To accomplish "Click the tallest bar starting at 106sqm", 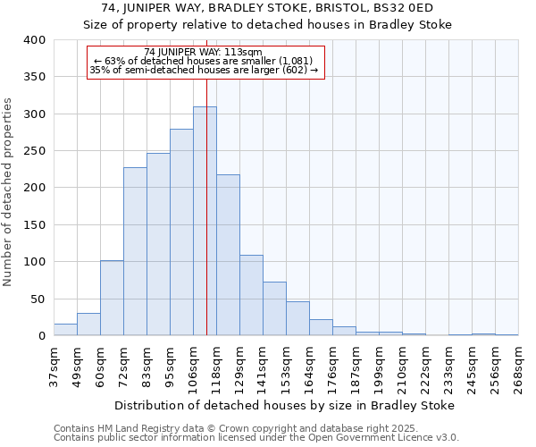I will (205, 221).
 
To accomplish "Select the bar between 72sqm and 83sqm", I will (135, 251).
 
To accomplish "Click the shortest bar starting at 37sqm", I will (65, 330).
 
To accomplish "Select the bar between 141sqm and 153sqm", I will (274, 308).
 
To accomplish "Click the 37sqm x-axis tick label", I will (54, 367).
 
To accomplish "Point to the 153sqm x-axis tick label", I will (287, 367).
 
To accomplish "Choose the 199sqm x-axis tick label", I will (380, 367).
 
